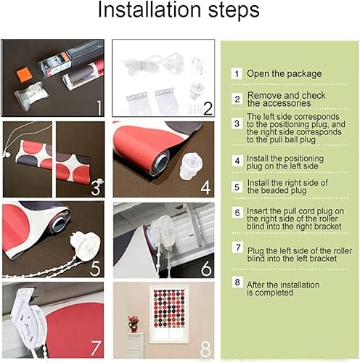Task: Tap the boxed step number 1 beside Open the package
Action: coord(237,74)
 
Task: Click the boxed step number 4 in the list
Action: coord(237,160)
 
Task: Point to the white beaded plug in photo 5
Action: coord(81,240)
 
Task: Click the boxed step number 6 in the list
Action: coord(237,212)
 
